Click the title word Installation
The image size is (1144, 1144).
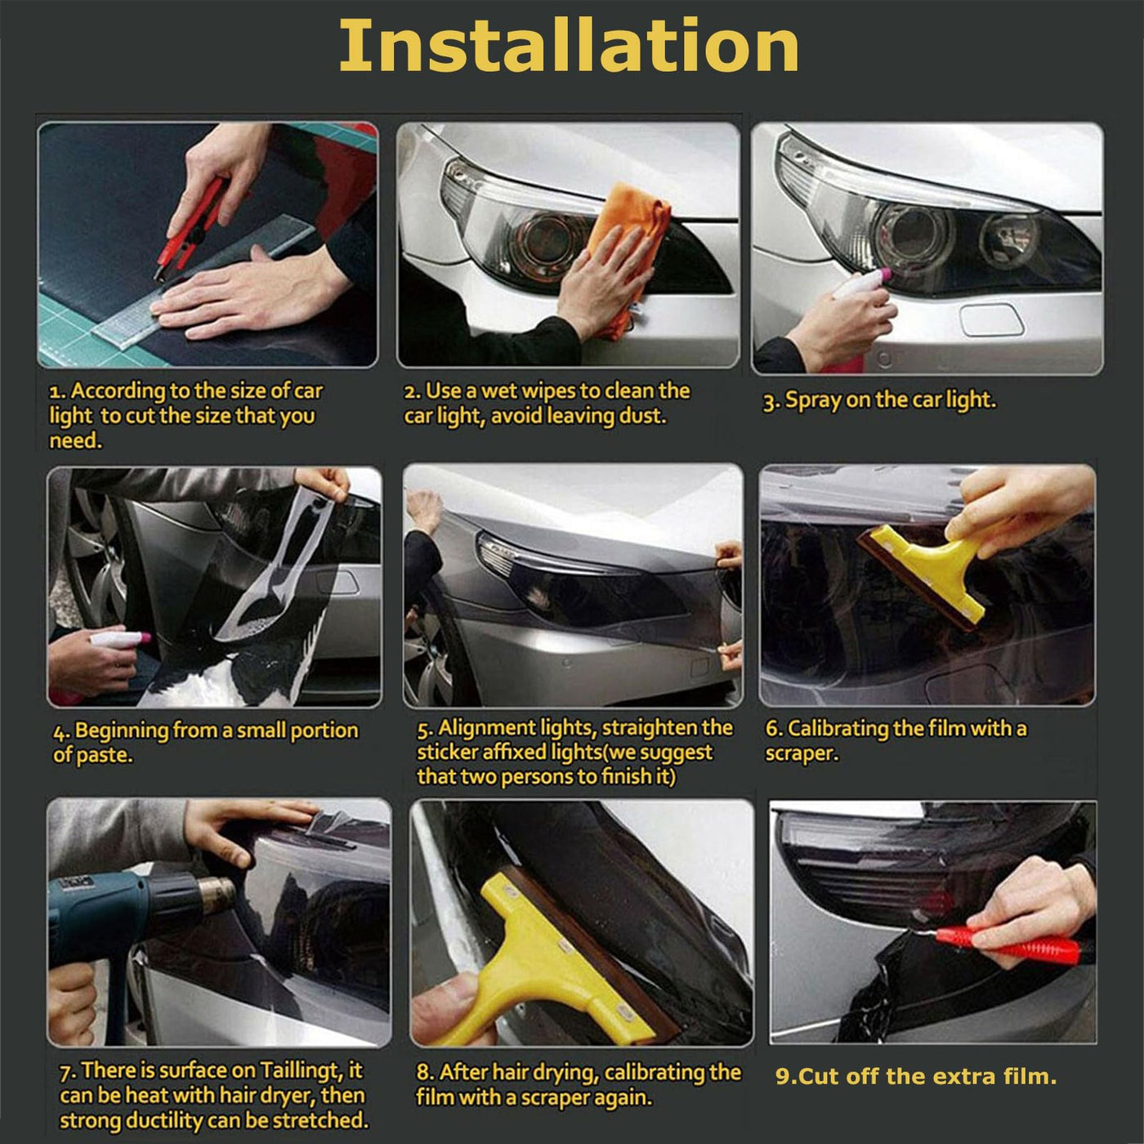[568, 47]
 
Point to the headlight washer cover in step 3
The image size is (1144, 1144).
[991, 320]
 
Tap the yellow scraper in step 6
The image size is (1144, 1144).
[926, 570]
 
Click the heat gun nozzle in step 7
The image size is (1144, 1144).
[217, 892]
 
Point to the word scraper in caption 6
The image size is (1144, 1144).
[802, 754]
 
